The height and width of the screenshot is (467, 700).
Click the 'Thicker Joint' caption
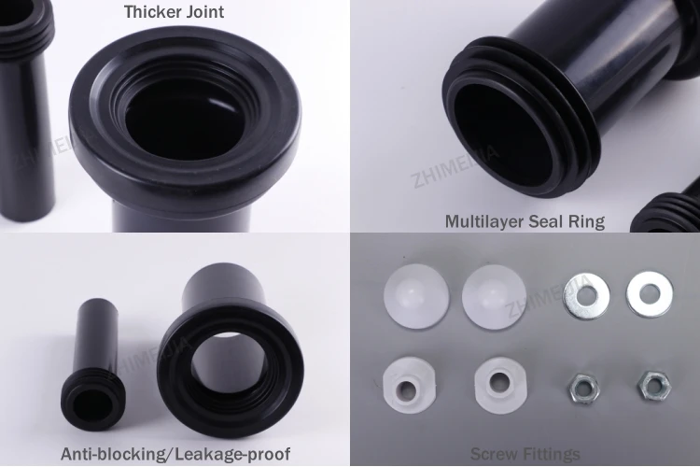pyautogui.click(x=175, y=13)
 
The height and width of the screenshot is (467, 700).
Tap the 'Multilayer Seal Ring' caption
pyautogui.click(x=525, y=221)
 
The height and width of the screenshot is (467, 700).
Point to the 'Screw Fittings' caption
pyautogui.click(x=525, y=454)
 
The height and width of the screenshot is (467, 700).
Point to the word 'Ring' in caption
pyautogui.click(x=586, y=221)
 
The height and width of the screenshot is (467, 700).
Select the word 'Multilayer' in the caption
pyautogui.click(x=483, y=221)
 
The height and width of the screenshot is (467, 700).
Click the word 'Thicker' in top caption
pyautogui.click(x=153, y=13)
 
